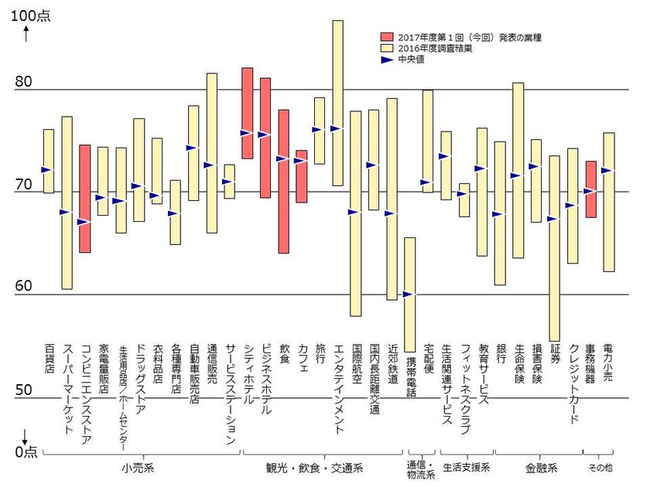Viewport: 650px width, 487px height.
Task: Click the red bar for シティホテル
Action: tap(248, 113)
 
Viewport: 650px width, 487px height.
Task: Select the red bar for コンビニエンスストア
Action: tap(85, 198)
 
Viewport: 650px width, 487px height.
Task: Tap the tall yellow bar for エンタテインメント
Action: tap(337, 103)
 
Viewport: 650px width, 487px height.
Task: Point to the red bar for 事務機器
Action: tap(590, 189)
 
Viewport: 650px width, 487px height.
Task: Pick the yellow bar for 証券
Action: tap(554, 247)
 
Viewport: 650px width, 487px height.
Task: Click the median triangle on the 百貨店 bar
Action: tap(46, 169)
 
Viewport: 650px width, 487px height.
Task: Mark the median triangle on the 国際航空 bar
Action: tap(354, 212)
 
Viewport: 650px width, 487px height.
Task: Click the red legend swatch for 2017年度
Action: tap(388, 37)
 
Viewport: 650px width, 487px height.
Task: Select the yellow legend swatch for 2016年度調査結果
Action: tap(388, 48)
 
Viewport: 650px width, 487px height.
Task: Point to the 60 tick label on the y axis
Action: tap(26, 287)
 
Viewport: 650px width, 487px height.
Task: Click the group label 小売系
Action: tap(138, 468)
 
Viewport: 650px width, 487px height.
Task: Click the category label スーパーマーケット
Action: tap(67, 382)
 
